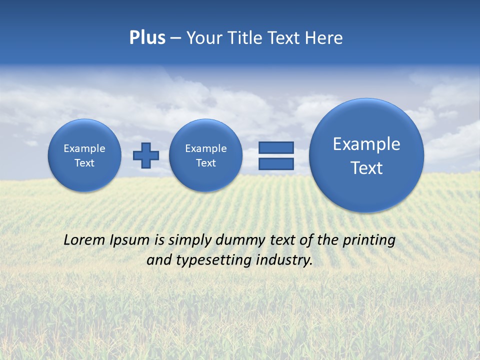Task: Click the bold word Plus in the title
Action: point(147,38)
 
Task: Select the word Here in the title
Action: point(324,38)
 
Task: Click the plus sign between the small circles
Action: point(145,155)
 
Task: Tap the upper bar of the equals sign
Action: point(276,147)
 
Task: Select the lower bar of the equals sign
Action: point(276,163)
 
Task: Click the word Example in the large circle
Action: point(366,144)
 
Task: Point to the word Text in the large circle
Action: point(366,168)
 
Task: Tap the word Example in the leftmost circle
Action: point(84,148)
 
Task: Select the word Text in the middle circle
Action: point(205,163)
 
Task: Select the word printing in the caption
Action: point(369,240)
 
